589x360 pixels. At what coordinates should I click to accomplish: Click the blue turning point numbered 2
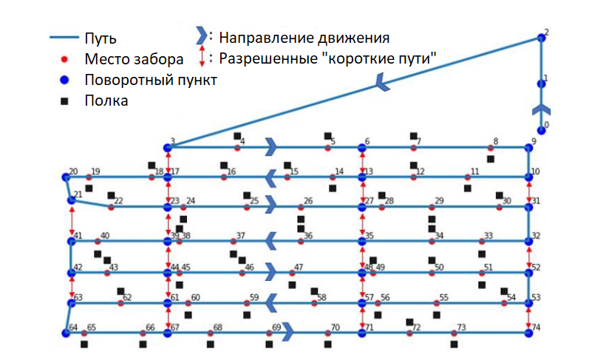pos(541,38)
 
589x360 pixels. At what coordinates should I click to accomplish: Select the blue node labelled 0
pos(542,130)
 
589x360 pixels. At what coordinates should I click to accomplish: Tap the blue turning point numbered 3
pos(168,147)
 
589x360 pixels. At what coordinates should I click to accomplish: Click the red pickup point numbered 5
pos(327,148)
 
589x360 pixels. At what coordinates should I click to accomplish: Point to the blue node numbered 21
pos(72,200)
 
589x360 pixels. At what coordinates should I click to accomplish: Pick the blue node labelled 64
pos(65,333)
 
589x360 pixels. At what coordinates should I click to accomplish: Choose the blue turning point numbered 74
pos(528,333)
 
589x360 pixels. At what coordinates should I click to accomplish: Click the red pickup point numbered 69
pos(269,333)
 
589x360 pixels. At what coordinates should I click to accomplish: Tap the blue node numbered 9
pos(528,148)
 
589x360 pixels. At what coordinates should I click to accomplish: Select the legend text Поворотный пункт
pos(150,81)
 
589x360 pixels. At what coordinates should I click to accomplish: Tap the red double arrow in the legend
pos(202,57)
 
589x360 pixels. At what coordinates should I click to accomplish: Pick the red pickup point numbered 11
pos(467,177)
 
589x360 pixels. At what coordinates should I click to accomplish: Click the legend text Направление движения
pos(304,37)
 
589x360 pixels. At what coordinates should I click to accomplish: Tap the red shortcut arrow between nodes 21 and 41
pos(72,220)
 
